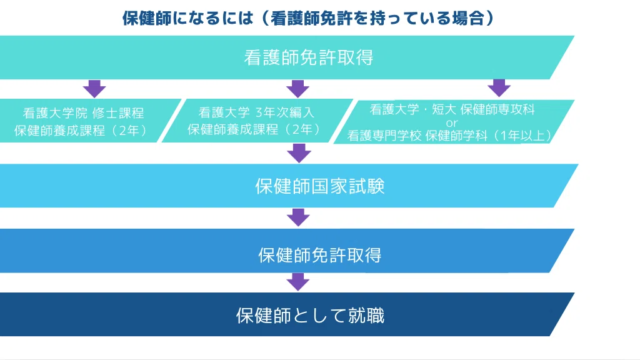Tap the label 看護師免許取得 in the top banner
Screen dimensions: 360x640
click(308, 57)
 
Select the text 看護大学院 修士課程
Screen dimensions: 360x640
click(84, 113)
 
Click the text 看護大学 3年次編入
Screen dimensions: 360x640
click(256, 112)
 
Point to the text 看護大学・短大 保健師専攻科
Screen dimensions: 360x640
click(452, 109)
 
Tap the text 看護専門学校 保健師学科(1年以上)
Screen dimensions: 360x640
click(449, 134)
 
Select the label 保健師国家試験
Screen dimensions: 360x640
click(319, 186)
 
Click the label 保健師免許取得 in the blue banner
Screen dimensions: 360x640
click(319, 255)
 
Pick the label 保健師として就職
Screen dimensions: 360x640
click(310, 315)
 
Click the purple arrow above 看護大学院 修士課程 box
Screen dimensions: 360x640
click(94, 88)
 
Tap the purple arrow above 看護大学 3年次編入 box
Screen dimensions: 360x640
click(298, 88)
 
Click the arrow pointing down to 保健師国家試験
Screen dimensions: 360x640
click(298, 153)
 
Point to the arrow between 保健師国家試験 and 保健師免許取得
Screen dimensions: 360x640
click(298, 217)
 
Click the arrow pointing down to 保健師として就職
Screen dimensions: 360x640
click(298, 281)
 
